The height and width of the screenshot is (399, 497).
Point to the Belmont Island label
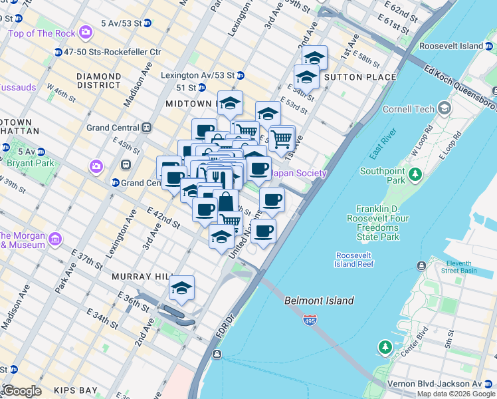tap(319, 301)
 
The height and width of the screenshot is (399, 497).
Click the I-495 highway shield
tap(310, 321)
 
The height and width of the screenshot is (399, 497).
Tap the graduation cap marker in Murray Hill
tap(181, 288)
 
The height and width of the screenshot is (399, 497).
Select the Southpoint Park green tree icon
tap(415, 175)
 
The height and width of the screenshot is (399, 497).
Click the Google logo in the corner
tap(21, 391)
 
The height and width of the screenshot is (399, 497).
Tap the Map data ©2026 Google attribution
tap(456, 394)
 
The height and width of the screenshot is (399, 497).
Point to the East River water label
tap(384, 144)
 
